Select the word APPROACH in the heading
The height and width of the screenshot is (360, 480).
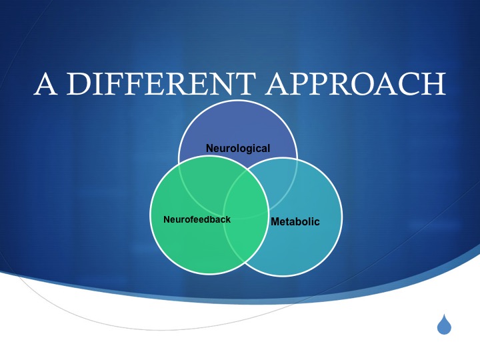coord(356,83)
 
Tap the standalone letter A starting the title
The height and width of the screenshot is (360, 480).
coord(45,83)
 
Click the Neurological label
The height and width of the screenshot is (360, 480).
coord(238,149)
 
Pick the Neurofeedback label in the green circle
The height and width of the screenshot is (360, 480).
coord(197,219)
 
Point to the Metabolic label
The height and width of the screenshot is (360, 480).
coord(295,221)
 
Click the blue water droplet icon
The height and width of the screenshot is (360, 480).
coord(444,324)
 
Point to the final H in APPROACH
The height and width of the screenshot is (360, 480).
coord(435,83)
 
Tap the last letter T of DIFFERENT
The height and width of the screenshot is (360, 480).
coord(245,83)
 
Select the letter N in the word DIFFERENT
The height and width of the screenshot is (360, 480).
coord(221,83)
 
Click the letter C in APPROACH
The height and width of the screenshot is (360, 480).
coord(411,83)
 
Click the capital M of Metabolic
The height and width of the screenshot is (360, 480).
coord(275,221)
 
